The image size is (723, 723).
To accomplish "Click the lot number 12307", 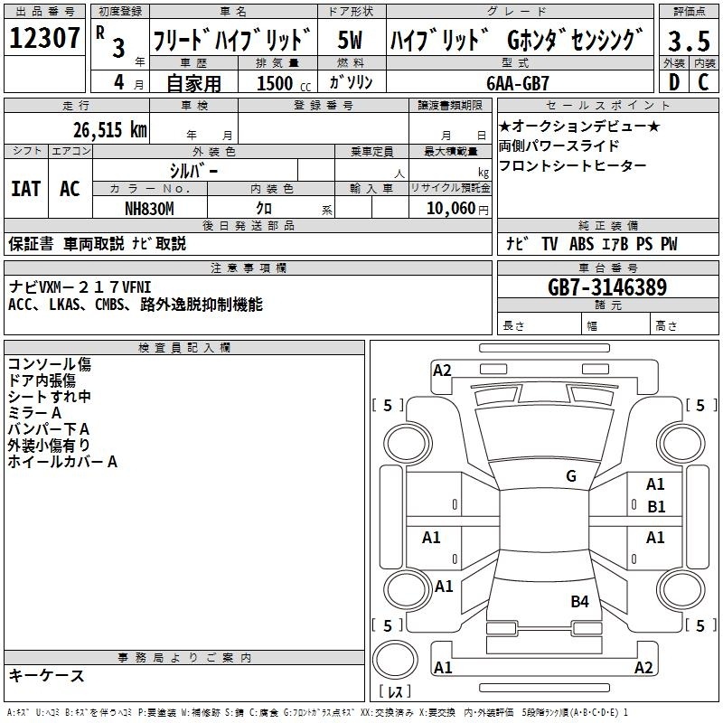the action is coord(44,38).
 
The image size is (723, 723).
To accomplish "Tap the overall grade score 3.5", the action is coord(689,41).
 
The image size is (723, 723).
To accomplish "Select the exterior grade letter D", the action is coord(674,82).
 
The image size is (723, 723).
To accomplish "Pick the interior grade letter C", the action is coord(703,82).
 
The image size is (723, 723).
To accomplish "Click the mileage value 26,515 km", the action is coord(109,130).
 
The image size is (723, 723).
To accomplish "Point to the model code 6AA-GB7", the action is coord(518,83).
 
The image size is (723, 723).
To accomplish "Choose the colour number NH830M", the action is coord(149,209).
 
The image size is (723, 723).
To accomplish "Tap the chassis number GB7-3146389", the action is coord(607,287).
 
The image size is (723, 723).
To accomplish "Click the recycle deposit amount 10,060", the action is coord(450,209).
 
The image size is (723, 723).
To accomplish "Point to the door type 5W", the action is coord(350,40).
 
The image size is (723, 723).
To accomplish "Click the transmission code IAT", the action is coord(26,189).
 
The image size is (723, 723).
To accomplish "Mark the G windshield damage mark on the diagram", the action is coord(571,476).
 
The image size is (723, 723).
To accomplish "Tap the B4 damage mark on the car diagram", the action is coord(579,601).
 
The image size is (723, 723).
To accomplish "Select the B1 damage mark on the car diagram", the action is coord(656,507).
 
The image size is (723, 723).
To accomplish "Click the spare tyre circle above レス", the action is coord(395,661).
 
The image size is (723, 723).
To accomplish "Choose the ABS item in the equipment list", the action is coord(581,244).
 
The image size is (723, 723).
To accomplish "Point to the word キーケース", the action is coord(47,675).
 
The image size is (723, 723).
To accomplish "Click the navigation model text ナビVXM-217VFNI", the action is coord(80,287).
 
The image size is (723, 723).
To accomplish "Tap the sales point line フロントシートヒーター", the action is coord(572,165).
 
